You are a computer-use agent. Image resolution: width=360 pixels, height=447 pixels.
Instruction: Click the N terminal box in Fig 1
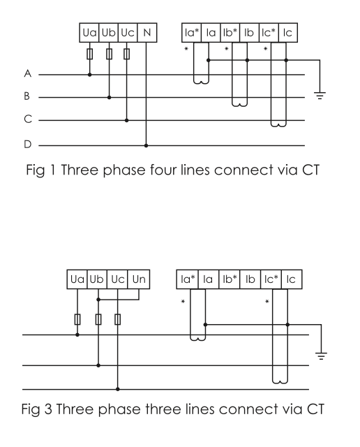[x=146, y=32]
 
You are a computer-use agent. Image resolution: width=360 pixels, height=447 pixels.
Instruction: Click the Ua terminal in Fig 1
[x=89, y=32]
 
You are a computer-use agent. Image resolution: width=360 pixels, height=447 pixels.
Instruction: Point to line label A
[x=26, y=73]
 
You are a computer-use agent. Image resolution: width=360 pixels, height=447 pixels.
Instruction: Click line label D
[x=26, y=146]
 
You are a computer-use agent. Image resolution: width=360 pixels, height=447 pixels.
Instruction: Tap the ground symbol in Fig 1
[x=319, y=96]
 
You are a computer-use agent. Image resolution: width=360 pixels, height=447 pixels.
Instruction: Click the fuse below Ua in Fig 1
[x=89, y=54]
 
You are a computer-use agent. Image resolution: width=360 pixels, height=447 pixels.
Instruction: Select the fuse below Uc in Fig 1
[x=126, y=54]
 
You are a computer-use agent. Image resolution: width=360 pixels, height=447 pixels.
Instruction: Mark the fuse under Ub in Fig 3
[x=98, y=319]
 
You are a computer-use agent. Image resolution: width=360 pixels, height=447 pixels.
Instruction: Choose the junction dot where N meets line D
[x=145, y=146]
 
